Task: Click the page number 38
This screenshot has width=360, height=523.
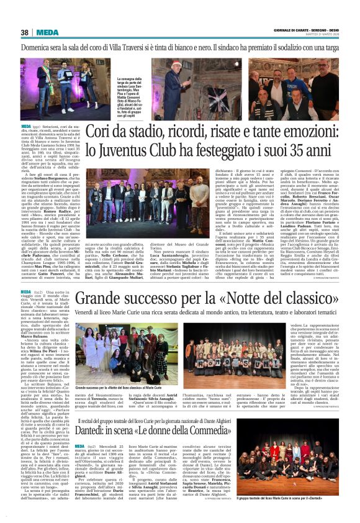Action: coord(25,33)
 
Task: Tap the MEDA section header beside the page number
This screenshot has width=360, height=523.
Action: coord(48,33)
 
